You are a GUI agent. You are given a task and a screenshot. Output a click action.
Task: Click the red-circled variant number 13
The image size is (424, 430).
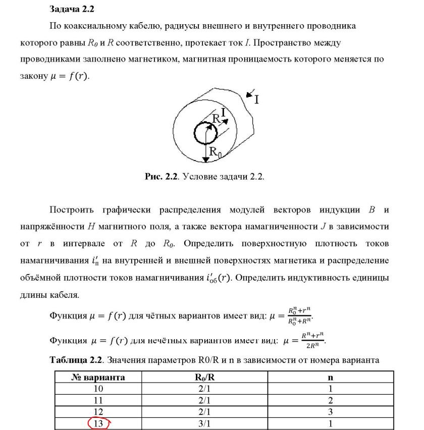[x=98, y=423]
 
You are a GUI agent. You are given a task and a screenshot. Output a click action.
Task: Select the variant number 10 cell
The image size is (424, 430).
[x=98, y=389]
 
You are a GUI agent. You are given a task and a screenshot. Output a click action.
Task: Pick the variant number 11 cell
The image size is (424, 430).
[x=98, y=400]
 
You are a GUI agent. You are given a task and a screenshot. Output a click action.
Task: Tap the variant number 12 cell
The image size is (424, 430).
[x=98, y=411]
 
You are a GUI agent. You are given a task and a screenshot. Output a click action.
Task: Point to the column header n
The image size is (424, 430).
[x=330, y=377]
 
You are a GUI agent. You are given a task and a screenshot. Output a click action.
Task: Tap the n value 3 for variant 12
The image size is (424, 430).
[x=330, y=411]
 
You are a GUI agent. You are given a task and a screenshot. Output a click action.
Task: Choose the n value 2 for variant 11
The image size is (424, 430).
[x=330, y=400]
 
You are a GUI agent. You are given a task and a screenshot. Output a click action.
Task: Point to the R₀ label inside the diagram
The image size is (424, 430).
[x=215, y=151]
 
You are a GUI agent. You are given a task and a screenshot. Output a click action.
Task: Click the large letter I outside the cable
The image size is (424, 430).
[x=256, y=99]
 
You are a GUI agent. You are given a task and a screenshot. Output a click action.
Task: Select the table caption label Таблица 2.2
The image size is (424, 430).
[x=76, y=360]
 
